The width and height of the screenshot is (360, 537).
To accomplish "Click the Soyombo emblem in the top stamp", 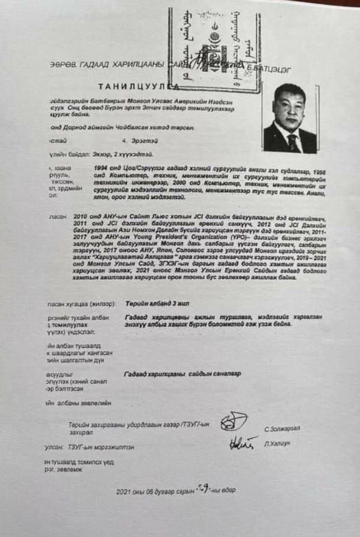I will click(x=213, y=41).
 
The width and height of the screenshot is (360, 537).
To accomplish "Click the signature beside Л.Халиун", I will click(x=243, y=443).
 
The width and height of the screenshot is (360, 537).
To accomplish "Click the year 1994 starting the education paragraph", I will click(x=104, y=167).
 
